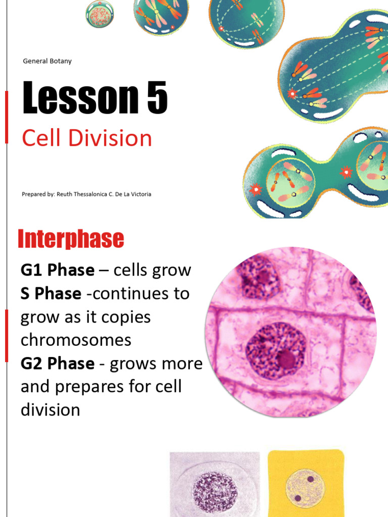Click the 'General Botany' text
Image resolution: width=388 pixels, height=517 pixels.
[x=47, y=61]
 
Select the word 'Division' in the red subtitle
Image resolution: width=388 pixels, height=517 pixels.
[x=112, y=138]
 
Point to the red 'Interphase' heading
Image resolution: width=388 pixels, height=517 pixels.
[x=71, y=239]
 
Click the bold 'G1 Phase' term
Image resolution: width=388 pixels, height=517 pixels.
[x=57, y=270]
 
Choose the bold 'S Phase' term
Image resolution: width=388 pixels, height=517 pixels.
[x=51, y=293]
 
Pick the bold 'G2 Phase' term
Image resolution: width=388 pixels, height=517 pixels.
[x=57, y=363]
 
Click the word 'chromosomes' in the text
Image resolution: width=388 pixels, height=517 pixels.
[x=76, y=340]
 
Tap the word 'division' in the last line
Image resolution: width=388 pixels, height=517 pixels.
[x=50, y=409]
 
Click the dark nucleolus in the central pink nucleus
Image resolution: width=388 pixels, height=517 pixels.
[x=286, y=359]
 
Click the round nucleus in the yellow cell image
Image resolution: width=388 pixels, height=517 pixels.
[x=304, y=488]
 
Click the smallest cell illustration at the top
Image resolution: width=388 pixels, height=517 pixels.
[x=100, y=14]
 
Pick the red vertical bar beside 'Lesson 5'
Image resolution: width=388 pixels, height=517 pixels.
[x=6, y=118]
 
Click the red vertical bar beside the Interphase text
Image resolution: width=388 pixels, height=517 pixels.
[x=6, y=336]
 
